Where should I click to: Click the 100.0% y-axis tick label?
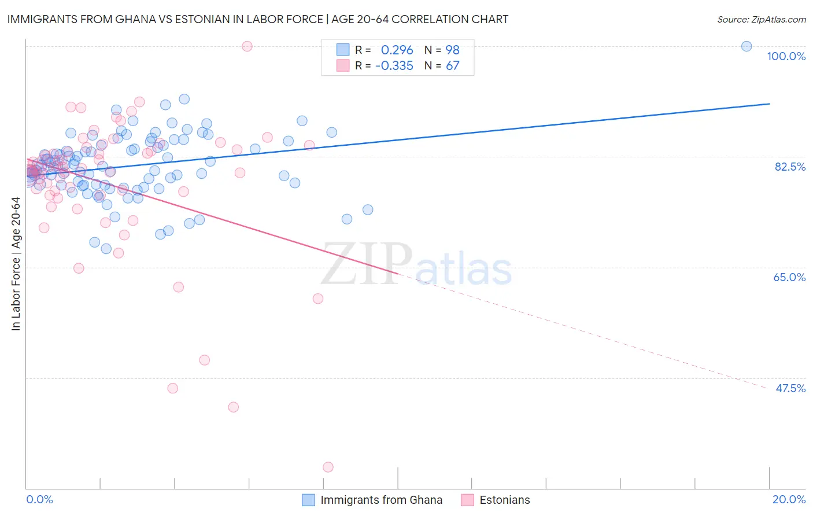pos(786,56)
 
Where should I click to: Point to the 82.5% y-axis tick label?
pos(790,167)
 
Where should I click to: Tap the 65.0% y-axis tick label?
pos(789,277)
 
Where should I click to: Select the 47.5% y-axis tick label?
pos(790,388)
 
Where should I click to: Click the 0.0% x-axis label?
pos(39,499)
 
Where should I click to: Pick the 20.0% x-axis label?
pos(789,499)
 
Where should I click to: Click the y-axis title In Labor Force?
pos(16,264)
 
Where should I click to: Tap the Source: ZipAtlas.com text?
pos(761,20)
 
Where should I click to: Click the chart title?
pos(258,19)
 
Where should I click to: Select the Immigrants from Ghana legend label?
pos(381,500)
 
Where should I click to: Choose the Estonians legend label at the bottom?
pos(504,500)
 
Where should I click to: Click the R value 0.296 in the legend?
pos(397,50)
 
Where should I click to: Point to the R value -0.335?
pos(394,66)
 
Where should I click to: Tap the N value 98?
pos(452,50)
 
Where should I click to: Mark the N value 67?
pos(452,66)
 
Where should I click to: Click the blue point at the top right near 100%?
pos(747,46)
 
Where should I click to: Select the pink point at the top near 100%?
pos(247,46)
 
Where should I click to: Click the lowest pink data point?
pos(328,467)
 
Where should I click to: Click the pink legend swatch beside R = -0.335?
pos(343,66)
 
